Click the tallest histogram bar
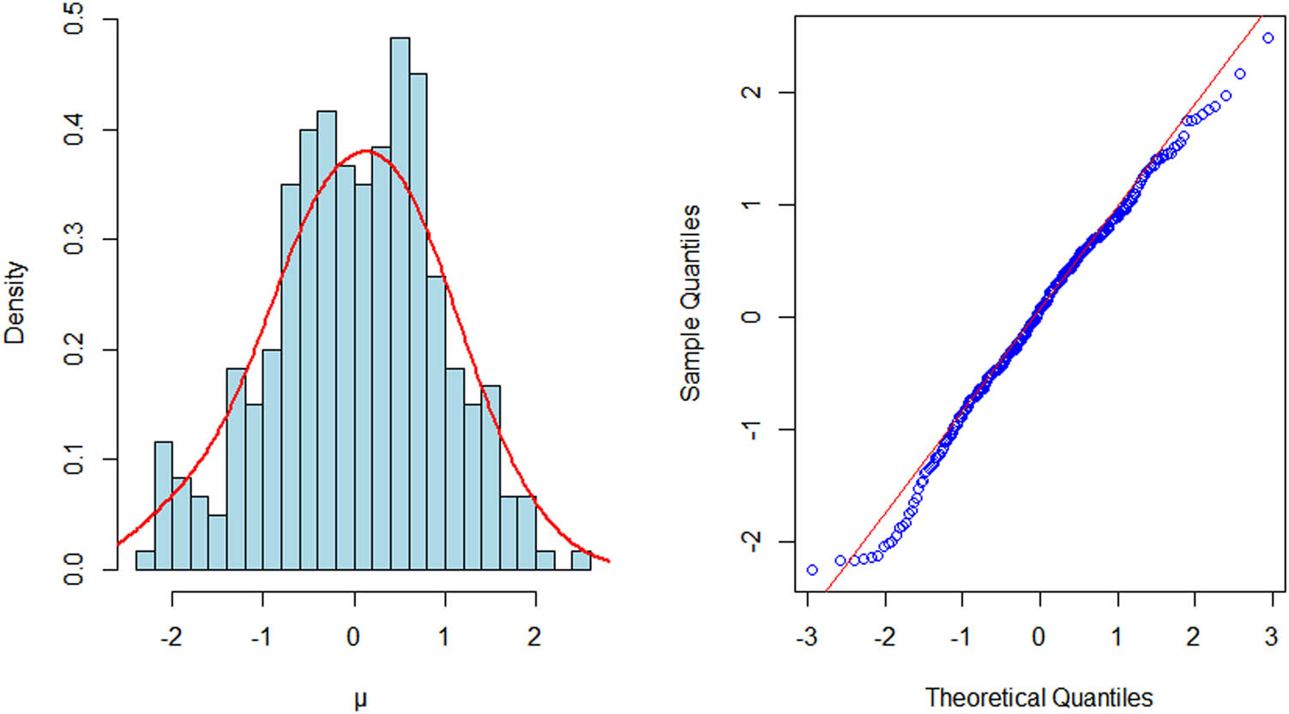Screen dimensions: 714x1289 [400, 303]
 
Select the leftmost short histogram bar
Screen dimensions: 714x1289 [145, 560]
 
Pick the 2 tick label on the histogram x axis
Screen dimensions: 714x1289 [535, 636]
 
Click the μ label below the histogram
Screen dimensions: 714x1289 [360, 699]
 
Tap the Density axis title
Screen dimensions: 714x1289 [15, 303]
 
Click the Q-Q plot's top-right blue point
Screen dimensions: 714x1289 [1268, 38]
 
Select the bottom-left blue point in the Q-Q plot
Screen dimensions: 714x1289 [811, 570]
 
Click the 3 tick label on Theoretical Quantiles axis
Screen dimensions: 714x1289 [1271, 636]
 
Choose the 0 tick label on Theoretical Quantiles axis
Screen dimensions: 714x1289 [1039, 636]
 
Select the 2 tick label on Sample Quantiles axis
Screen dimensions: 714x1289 [752, 92]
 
